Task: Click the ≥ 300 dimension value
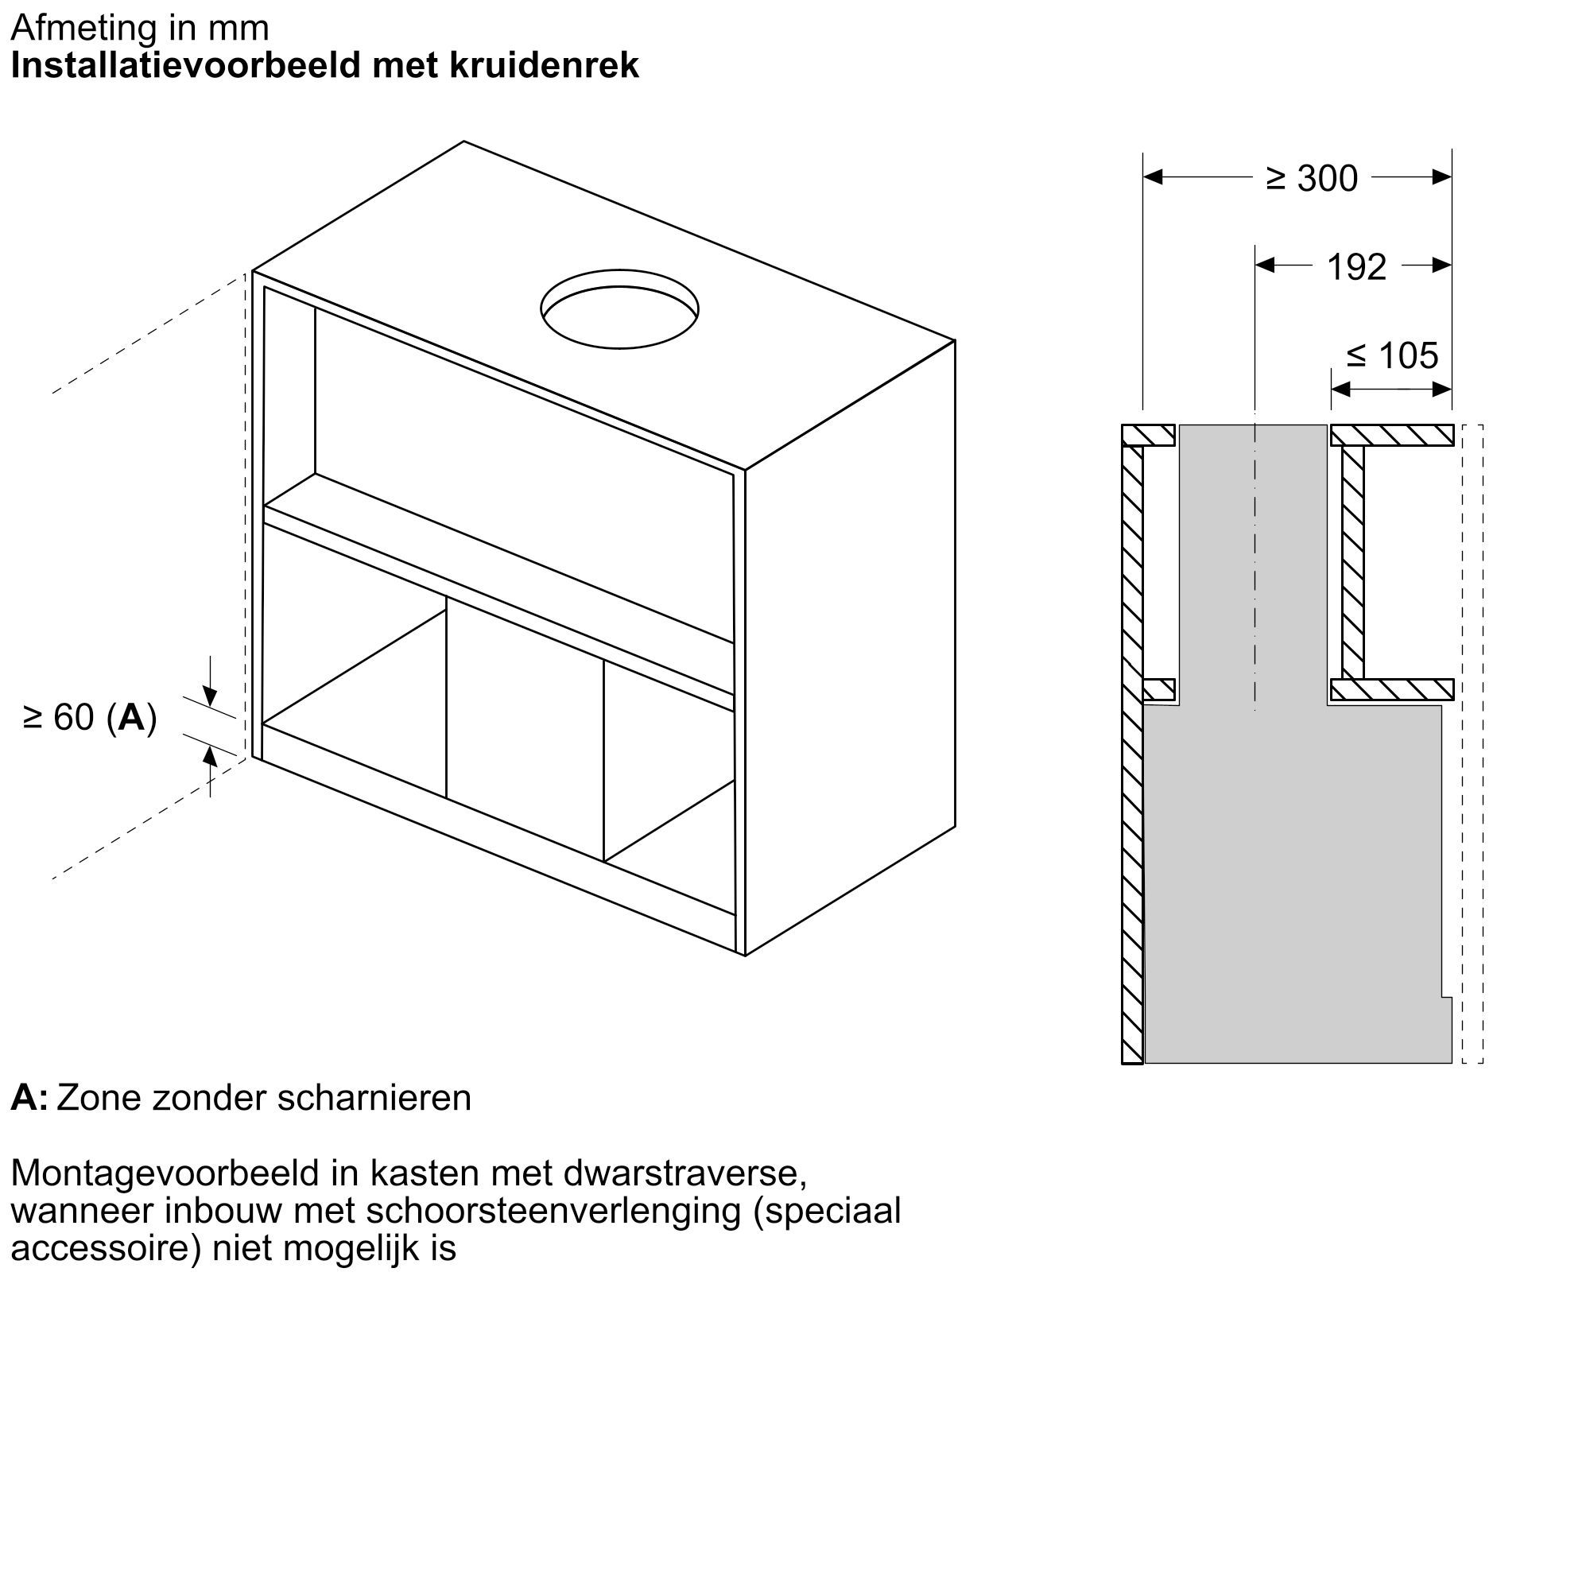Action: pos(1312,179)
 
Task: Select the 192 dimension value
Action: pos(1356,266)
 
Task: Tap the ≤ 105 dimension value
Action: pos(1393,355)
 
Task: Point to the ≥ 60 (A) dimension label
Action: pos(91,718)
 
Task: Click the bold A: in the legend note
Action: pos(29,1098)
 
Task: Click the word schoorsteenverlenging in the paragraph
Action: pos(554,1211)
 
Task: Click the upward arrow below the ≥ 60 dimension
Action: pos(210,755)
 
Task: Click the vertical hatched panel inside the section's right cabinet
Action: pos(1353,561)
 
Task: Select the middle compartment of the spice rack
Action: pos(524,732)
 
